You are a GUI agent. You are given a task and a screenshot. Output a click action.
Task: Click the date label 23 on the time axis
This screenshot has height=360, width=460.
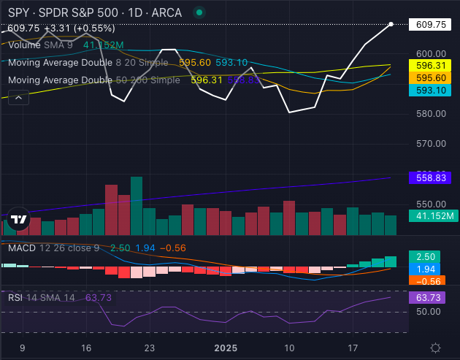(150, 348)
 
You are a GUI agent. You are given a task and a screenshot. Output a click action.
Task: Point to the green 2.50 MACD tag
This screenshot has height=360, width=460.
(425, 257)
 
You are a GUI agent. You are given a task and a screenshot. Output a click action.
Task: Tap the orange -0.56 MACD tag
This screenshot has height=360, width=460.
(425, 282)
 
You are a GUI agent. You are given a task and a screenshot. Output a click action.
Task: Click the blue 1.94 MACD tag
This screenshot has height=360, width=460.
(425, 269)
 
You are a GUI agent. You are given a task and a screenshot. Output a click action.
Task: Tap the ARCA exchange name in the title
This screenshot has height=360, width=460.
(167, 13)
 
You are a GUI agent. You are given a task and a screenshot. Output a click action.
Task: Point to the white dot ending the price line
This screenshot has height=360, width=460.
(391, 24)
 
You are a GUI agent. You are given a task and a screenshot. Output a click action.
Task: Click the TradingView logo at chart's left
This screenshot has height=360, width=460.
(20, 219)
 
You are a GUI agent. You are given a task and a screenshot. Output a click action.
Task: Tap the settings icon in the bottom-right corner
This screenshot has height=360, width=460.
(435, 348)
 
